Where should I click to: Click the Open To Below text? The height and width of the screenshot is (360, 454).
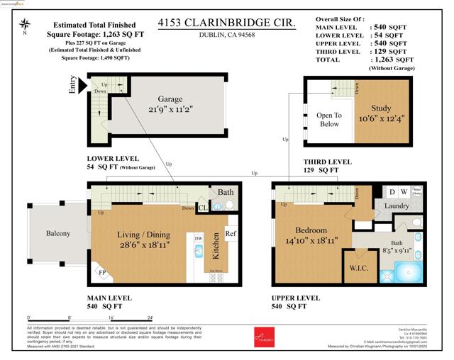329,120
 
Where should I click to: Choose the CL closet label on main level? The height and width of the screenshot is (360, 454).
202,208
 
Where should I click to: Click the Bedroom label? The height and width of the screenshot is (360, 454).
311,230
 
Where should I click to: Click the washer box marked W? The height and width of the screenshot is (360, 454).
404,191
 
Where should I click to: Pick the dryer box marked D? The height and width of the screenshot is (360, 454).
391,191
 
